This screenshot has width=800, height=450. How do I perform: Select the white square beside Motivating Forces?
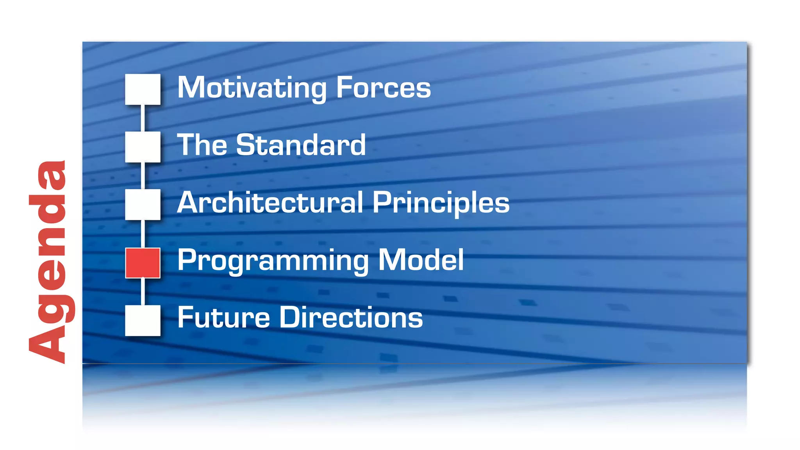(143, 89)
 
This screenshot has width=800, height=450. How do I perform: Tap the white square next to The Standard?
(143, 146)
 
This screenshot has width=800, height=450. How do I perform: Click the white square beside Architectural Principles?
(143, 204)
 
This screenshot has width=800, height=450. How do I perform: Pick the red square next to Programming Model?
(143, 263)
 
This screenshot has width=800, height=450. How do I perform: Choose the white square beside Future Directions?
(143, 320)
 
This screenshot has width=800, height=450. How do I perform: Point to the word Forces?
(383, 88)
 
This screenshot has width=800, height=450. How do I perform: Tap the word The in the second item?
(202, 145)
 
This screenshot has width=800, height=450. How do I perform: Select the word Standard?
(301, 145)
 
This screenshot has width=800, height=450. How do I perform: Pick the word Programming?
(273, 261)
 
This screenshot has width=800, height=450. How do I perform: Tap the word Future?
(223, 317)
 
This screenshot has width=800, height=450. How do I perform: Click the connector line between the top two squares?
(143, 118)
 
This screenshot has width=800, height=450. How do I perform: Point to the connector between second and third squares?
(143, 176)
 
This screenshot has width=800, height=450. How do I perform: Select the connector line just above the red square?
(143, 234)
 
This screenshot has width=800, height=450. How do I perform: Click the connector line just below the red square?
(143, 291)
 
